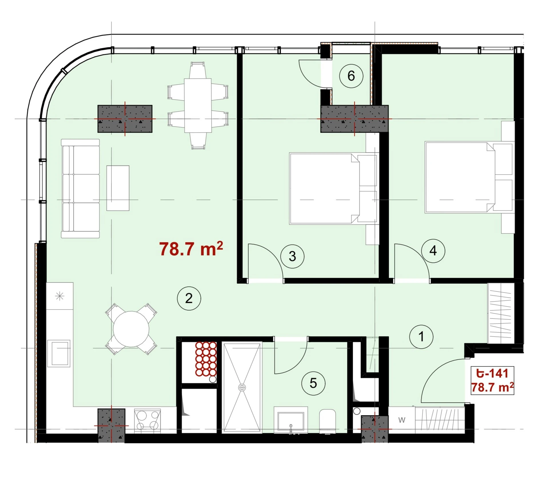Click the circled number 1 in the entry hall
coord(421,337)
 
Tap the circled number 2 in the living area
coord(189,298)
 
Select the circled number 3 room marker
coord(292,256)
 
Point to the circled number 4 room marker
coord(433,251)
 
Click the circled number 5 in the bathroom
coord(313,383)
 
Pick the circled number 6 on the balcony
coord(351,76)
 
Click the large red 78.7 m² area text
coord(191,249)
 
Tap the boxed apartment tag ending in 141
coord(492,380)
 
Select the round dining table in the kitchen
coord(131,329)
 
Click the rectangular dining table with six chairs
coord(198,106)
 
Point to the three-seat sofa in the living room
coord(80,188)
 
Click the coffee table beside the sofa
coord(118,188)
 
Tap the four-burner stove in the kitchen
coord(148,421)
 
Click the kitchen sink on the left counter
coord(59,353)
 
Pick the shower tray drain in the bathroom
coord(242,387)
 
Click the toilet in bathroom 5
coord(328,421)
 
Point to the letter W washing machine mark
coord(402,420)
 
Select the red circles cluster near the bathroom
coord(206,359)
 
